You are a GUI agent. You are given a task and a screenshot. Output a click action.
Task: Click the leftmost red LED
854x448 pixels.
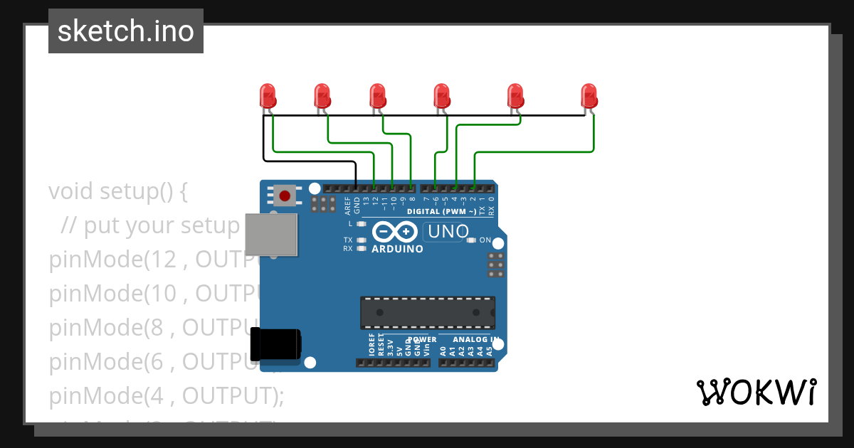pyautogui.click(x=268, y=95)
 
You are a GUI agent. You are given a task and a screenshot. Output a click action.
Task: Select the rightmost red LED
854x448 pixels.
pyautogui.click(x=589, y=95)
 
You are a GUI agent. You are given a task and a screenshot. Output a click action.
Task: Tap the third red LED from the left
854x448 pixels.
pyautogui.click(x=377, y=95)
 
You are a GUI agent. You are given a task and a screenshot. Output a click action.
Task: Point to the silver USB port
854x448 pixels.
pyautogui.click(x=270, y=234)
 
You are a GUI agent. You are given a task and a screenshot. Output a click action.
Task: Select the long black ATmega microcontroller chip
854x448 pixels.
pyautogui.click(x=427, y=312)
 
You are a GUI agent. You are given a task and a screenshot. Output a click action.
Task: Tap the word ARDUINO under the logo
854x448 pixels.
pyautogui.click(x=397, y=249)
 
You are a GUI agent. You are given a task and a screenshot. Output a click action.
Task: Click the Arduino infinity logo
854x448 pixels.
pyautogui.click(x=394, y=232)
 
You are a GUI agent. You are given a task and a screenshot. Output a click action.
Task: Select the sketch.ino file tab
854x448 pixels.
pyautogui.click(x=126, y=31)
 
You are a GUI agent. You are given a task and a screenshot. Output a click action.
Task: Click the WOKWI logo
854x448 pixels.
pyautogui.click(x=756, y=392)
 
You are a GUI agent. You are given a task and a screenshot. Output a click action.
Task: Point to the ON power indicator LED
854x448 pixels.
pyautogui.click(x=472, y=240)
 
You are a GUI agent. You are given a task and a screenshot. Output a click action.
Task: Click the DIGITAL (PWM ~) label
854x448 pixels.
pyautogui.click(x=441, y=212)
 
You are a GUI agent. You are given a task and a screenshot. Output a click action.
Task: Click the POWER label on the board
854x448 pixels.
pyautogui.click(x=422, y=339)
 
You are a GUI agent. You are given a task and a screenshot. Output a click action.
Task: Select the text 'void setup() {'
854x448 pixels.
pyautogui.click(x=118, y=191)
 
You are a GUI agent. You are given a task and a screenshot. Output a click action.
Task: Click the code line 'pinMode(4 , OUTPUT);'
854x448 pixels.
pyautogui.click(x=166, y=395)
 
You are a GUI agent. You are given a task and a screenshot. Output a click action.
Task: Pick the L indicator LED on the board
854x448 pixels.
pyautogui.click(x=362, y=224)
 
